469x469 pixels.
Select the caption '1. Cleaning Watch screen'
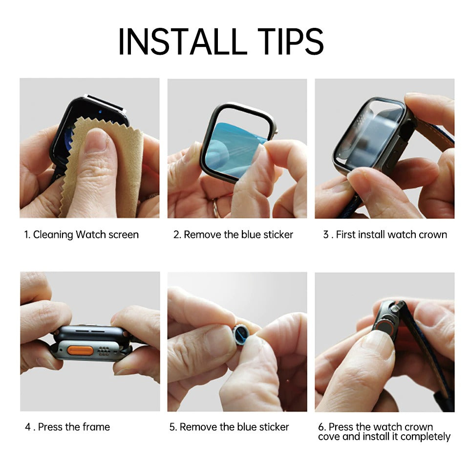coord(81,234)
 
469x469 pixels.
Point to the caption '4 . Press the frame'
coord(67,427)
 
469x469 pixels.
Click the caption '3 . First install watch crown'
coord(384,234)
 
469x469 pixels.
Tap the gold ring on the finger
coord(215,209)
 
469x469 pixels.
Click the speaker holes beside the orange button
coord(104,351)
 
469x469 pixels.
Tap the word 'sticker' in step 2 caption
coord(278,234)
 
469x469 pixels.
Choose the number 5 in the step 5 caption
coord(172,427)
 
